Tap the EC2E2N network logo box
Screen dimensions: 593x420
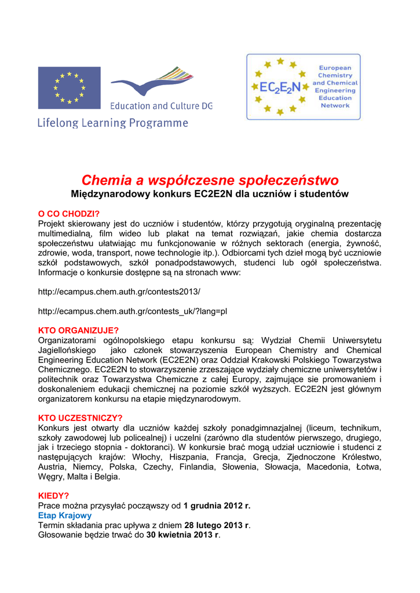pyautogui.click(x=303, y=87)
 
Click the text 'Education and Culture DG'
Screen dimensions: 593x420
pyautogui.click(x=161, y=106)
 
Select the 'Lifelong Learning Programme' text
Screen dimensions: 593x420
pyautogui.click(x=113, y=123)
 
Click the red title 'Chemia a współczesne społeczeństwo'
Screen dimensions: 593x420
pyautogui.click(x=210, y=180)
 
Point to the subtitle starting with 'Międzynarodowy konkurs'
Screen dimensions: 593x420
pyautogui.click(x=210, y=193)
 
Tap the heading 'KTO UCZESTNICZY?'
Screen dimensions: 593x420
pyautogui.click(x=80, y=418)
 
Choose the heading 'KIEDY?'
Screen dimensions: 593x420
pyautogui.click(x=53, y=496)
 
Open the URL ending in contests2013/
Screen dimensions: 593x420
pyautogui.click(x=119, y=291)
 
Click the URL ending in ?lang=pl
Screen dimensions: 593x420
pyautogui.click(x=132, y=311)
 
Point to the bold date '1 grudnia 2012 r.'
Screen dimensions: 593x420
pyautogui.click(x=217, y=506)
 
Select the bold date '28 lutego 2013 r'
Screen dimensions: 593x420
pyautogui.click(x=217, y=525)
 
